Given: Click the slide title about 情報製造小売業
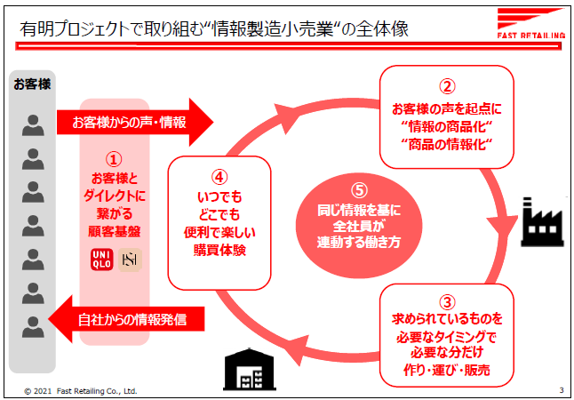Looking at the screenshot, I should tap(214, 28).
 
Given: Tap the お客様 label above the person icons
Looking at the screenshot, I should tap(32, 84).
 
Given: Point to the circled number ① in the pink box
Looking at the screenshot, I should tap(113, 160).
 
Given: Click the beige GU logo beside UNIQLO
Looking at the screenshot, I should tap(130, 260).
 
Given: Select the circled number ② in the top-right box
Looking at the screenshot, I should tap(448, 87).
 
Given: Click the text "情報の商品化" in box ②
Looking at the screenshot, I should tap(448, 125).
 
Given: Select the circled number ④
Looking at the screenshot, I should tap(218, 176).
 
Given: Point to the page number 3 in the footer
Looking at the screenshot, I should tap(562, 390).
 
